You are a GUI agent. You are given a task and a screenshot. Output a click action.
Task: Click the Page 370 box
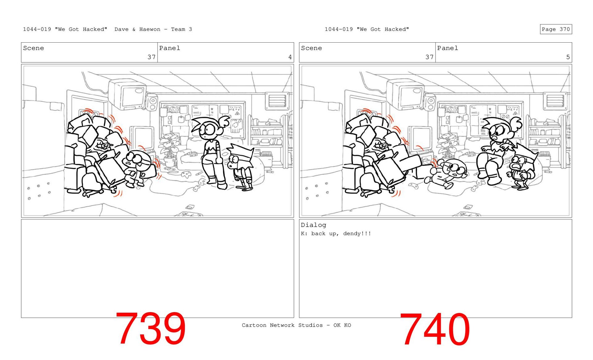pos(556,29)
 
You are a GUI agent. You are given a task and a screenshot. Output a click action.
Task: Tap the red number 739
pos(150,329)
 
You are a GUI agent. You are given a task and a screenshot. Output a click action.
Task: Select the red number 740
pos(435,329)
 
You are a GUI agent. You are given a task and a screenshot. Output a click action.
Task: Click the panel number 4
pos(290,57)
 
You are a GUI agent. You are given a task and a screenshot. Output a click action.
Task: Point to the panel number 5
pos(568,57)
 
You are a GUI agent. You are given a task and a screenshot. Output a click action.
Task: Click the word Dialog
pos(313,225)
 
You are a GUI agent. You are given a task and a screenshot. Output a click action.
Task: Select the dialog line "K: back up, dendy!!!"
pos(336,233)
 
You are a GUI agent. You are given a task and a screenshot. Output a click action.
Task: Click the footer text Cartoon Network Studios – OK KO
pos(296,325)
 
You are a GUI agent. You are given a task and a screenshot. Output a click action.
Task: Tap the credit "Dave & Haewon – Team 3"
pos(153,29)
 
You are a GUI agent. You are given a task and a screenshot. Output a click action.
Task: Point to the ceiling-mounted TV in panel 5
pos(405,94)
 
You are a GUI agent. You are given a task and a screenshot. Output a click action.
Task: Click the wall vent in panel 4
pos(277,101)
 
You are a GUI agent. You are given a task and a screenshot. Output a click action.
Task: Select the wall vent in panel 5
pos(555,101)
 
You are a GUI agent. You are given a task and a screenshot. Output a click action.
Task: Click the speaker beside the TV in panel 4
pos(151,103)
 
